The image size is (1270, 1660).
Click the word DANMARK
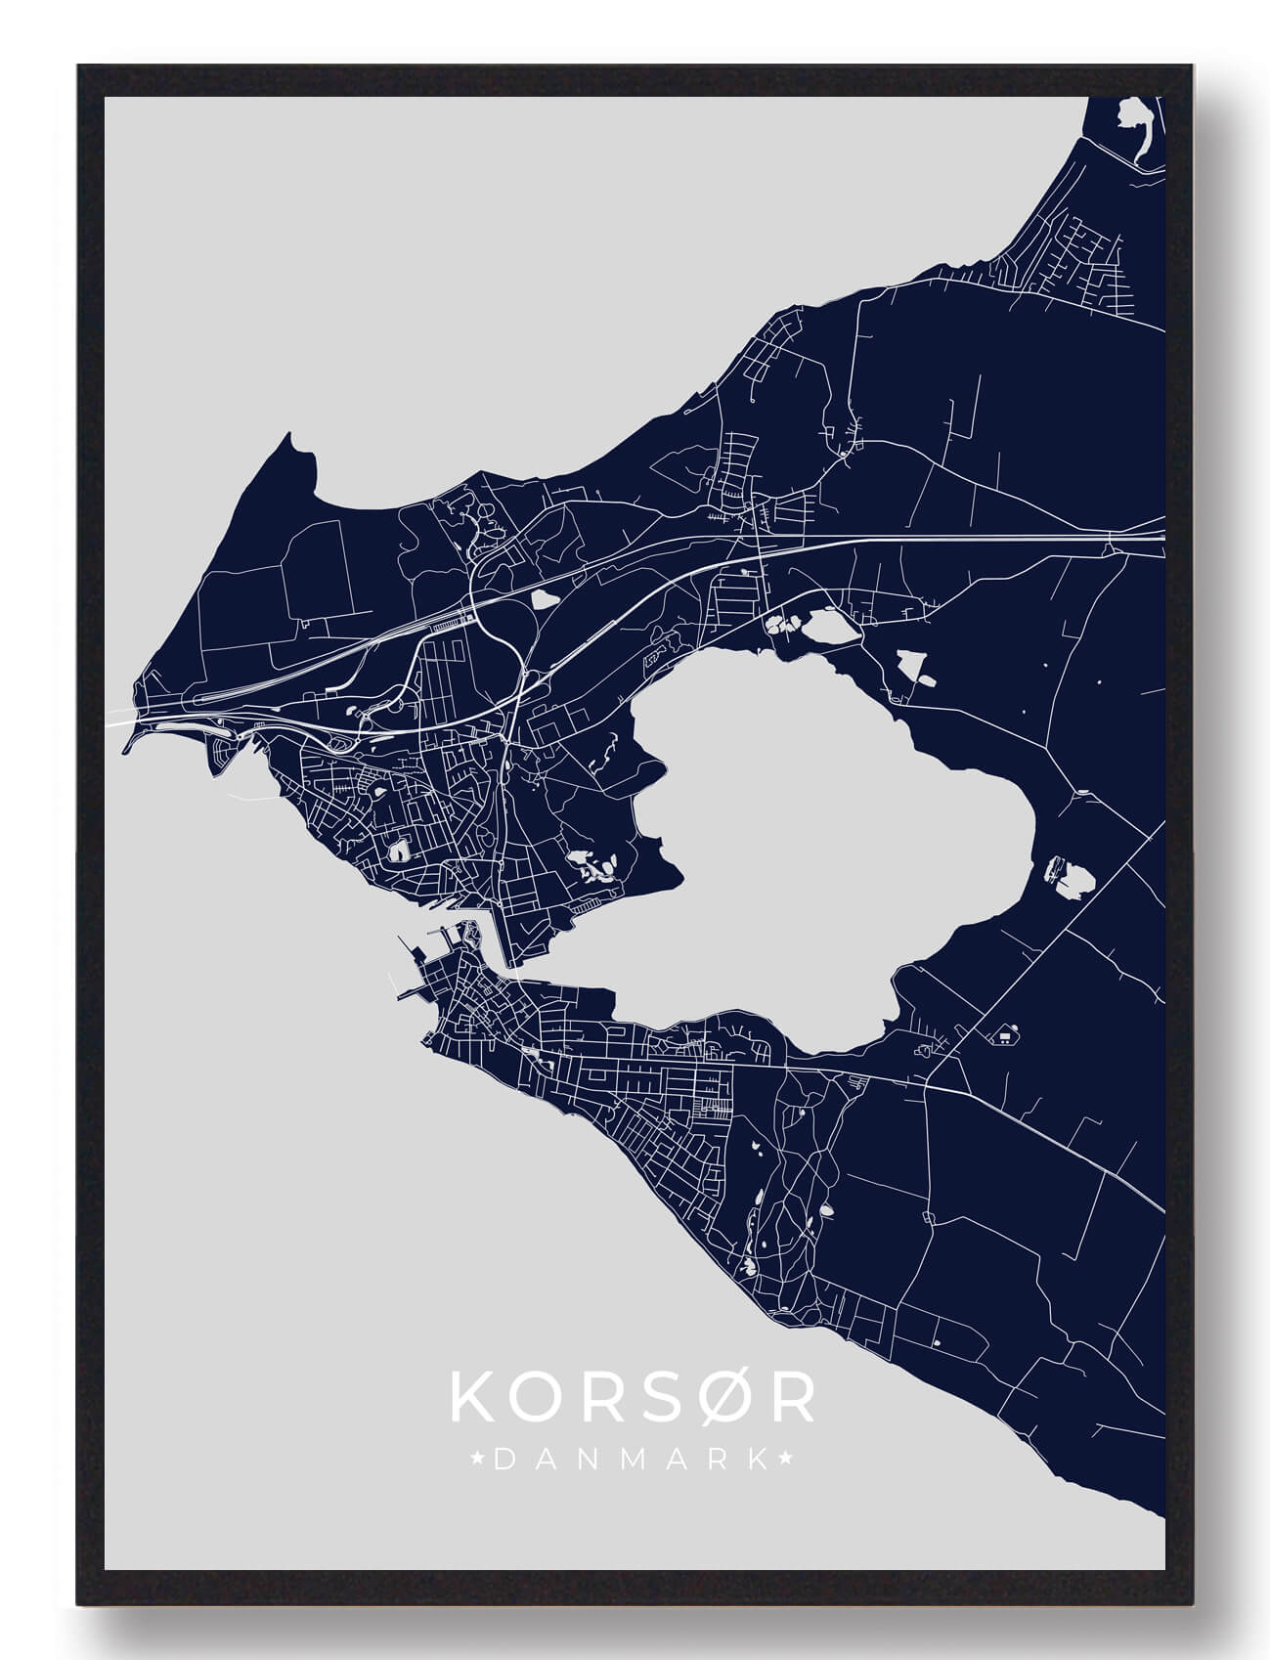tap(632, 1460)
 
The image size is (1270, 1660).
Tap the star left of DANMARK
tap(478, 1460)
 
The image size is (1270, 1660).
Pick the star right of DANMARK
tap(785, 1460)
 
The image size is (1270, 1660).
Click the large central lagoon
tap(831, 831)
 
